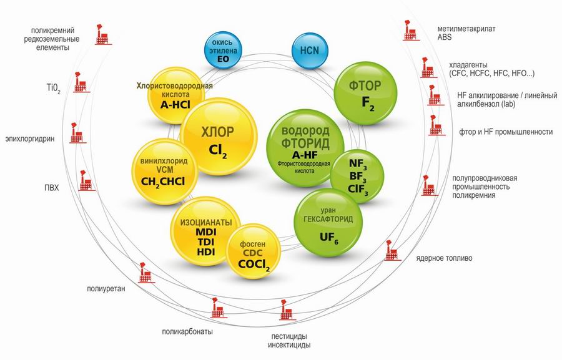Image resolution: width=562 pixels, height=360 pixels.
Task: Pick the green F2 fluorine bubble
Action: pyautogui.click(x=365, y=94)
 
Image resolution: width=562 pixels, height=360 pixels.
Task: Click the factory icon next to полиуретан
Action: pyautogui.click(x=143, y=273)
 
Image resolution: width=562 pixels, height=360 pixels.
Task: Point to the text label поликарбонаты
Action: pyautogui.click(x=187, y=332)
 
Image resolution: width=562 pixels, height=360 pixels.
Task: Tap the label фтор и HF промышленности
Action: pyautogui.click(x=506, y=132)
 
